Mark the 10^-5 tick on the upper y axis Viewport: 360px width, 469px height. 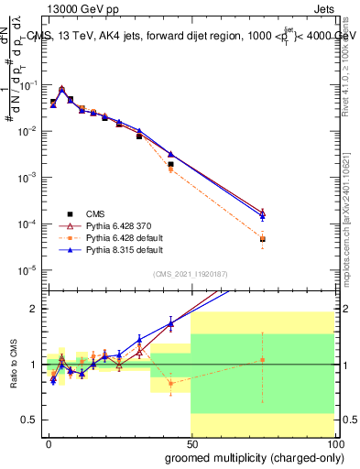click(28, 270)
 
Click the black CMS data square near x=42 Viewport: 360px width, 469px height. click(170, 164)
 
